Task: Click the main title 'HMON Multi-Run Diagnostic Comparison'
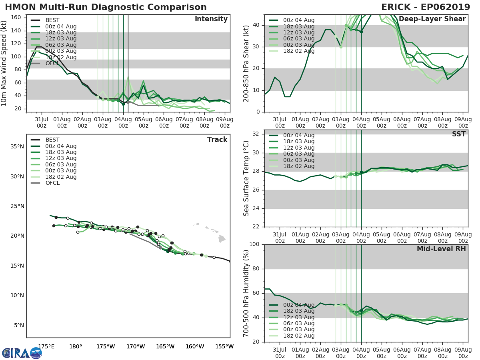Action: pos(106,7)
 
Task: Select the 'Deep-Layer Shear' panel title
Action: pos(432,19)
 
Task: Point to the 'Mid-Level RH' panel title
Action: pos(441,249)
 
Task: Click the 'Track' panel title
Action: pos(217,140)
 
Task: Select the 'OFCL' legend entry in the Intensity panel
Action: pos(52,63)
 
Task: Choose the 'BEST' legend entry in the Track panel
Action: pos(52,140)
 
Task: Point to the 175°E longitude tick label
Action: pos(46,346)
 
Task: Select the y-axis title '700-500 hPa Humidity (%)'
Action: pos(246,293)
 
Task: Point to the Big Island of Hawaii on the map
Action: pos(222,239)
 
